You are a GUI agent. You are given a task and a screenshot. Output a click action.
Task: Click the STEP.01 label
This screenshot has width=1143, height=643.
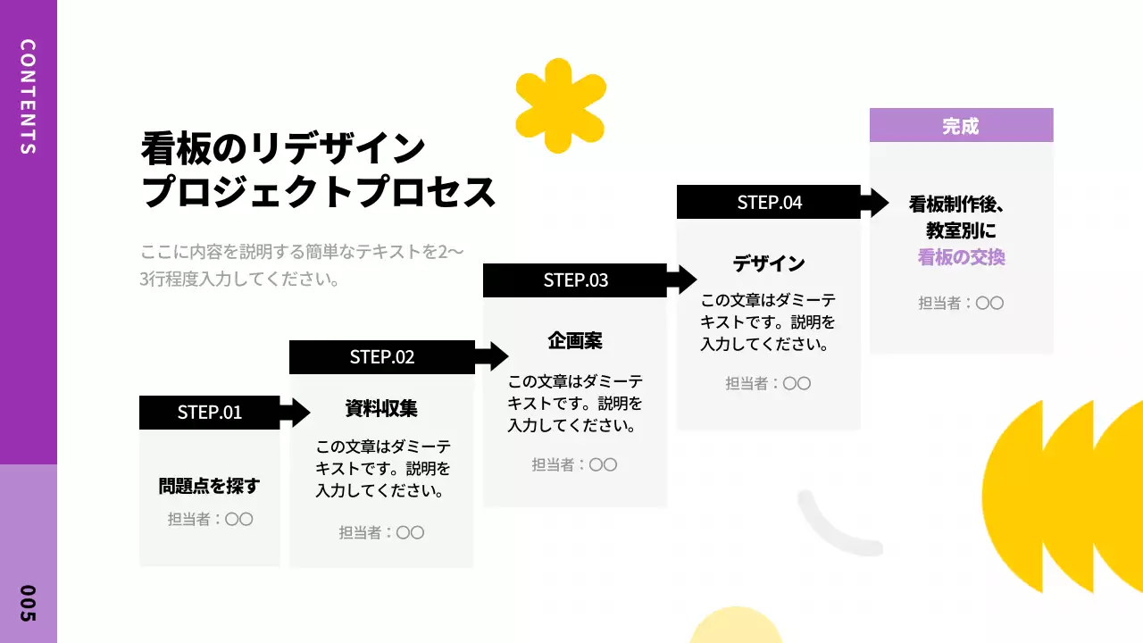(209, 413)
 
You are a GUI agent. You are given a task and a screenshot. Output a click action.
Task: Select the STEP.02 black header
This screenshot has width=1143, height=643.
(382, 357)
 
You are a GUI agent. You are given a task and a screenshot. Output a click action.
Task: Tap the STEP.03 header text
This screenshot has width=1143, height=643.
(575, 280)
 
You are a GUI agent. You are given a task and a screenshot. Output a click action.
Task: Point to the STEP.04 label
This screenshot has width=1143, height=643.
(769, 203)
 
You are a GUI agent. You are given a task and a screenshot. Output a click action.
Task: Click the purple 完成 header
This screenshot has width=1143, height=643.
(961, 126)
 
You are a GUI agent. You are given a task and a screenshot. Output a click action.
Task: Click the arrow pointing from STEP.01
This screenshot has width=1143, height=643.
(296, 413)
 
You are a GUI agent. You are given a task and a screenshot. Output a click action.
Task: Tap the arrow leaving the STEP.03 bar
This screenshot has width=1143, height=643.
(683, 280)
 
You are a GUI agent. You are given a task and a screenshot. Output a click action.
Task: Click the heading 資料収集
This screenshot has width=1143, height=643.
(381, 408)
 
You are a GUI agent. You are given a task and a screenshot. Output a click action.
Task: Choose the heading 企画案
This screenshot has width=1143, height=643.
(575, 340)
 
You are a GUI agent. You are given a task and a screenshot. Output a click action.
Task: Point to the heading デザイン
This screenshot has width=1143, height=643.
(769, 263)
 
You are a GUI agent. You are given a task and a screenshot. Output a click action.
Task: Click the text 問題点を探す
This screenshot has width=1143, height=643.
(209, 487)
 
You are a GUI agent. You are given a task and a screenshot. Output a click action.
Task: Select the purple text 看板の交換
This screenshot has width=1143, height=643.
(961, 257)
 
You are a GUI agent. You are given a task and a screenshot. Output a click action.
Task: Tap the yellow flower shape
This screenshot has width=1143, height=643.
(561, 105)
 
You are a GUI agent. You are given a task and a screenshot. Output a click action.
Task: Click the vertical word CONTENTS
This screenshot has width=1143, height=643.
(28, 96)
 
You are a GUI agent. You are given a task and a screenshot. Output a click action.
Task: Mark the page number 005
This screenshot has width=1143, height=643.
(28, 604)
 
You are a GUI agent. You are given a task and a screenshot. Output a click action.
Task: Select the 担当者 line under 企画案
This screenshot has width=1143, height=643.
(575, 464)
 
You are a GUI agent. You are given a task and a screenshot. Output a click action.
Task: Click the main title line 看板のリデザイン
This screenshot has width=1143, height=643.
(283, 148)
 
